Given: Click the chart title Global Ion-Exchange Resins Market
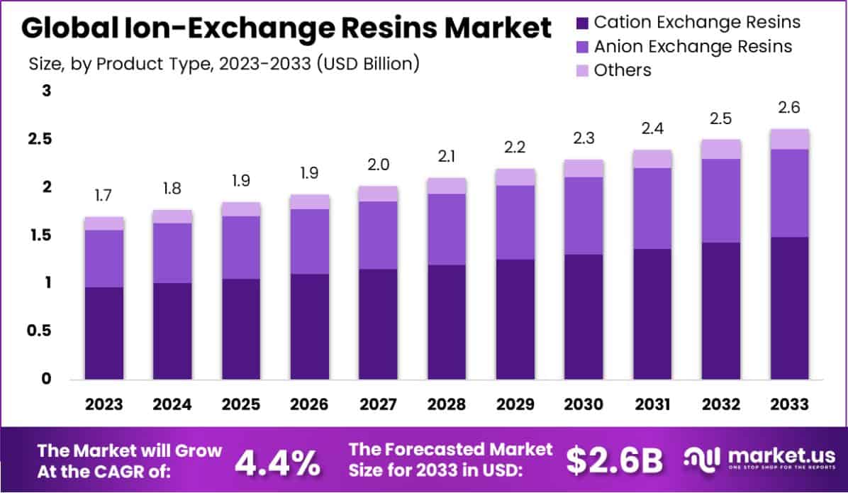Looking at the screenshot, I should pos(286,28).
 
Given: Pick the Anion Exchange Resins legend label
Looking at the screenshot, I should pos(693,47).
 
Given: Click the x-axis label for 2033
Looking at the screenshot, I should pos(789,404).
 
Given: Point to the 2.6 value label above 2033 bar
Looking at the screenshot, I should pos(789,109).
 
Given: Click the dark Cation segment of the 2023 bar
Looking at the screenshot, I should pos(104,333).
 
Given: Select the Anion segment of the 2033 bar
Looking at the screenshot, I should pos(789,193).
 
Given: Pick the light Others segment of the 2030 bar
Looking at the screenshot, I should pos(584,168).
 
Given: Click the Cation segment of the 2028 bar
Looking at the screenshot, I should pos(447,323).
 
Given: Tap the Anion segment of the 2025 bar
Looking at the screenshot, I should pos(241,248).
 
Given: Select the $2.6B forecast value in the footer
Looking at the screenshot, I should pos(614,462).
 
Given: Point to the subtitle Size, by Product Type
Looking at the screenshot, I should pos(224,64).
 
